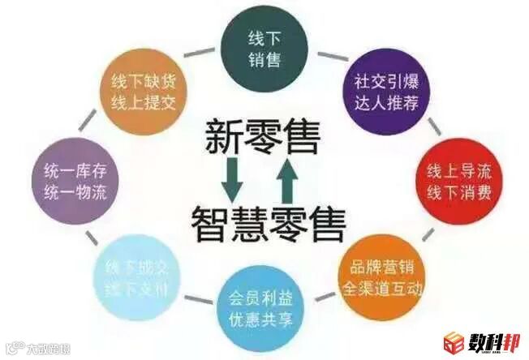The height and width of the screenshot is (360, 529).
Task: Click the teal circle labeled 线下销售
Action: pyautogui.click(x=264, y=48)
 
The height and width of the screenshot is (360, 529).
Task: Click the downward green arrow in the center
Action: pyautogui.click(x=234, y=181)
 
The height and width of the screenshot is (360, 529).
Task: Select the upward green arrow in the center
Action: pyautogui.click(x=287, y=180)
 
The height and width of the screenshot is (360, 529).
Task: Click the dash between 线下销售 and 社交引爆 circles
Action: pyautogui.click(x=328, y=56)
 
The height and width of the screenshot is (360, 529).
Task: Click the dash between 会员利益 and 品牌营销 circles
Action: pyautogui.click(x=325, y=299)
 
